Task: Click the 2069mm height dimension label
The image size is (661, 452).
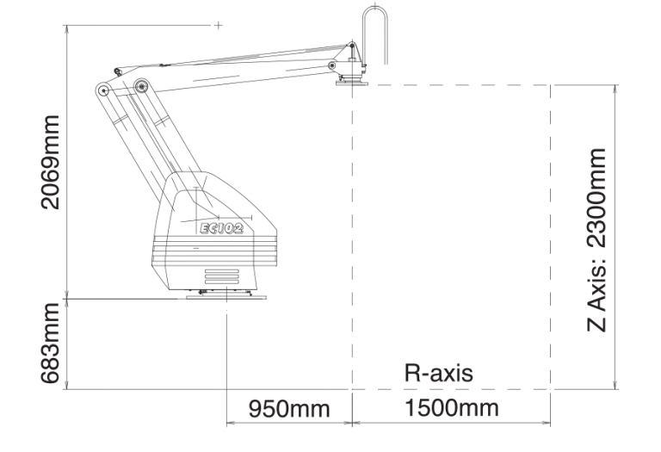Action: (51, 163)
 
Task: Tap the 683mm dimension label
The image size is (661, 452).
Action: (51, 344)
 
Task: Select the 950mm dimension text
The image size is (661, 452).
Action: (289, 409)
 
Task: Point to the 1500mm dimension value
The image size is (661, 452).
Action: (452, 408)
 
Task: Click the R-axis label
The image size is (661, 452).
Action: (438, 373)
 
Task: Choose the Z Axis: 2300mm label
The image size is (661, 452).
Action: (597, 240)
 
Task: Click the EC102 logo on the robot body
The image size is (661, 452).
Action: (221, 228)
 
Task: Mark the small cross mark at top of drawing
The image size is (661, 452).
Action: (219, 25)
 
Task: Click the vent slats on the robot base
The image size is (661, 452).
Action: (222, 276)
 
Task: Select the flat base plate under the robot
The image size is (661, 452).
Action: (226, 297)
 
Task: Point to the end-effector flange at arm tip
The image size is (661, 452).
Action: (352, 83)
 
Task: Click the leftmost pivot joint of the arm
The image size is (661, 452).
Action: (102, 90)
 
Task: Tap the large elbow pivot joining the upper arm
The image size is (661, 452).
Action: (141, 86)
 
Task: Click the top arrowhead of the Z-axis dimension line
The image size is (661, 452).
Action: (616, 88)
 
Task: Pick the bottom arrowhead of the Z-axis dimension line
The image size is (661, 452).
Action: (616, 386)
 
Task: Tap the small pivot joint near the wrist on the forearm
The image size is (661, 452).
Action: (332, 65)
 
